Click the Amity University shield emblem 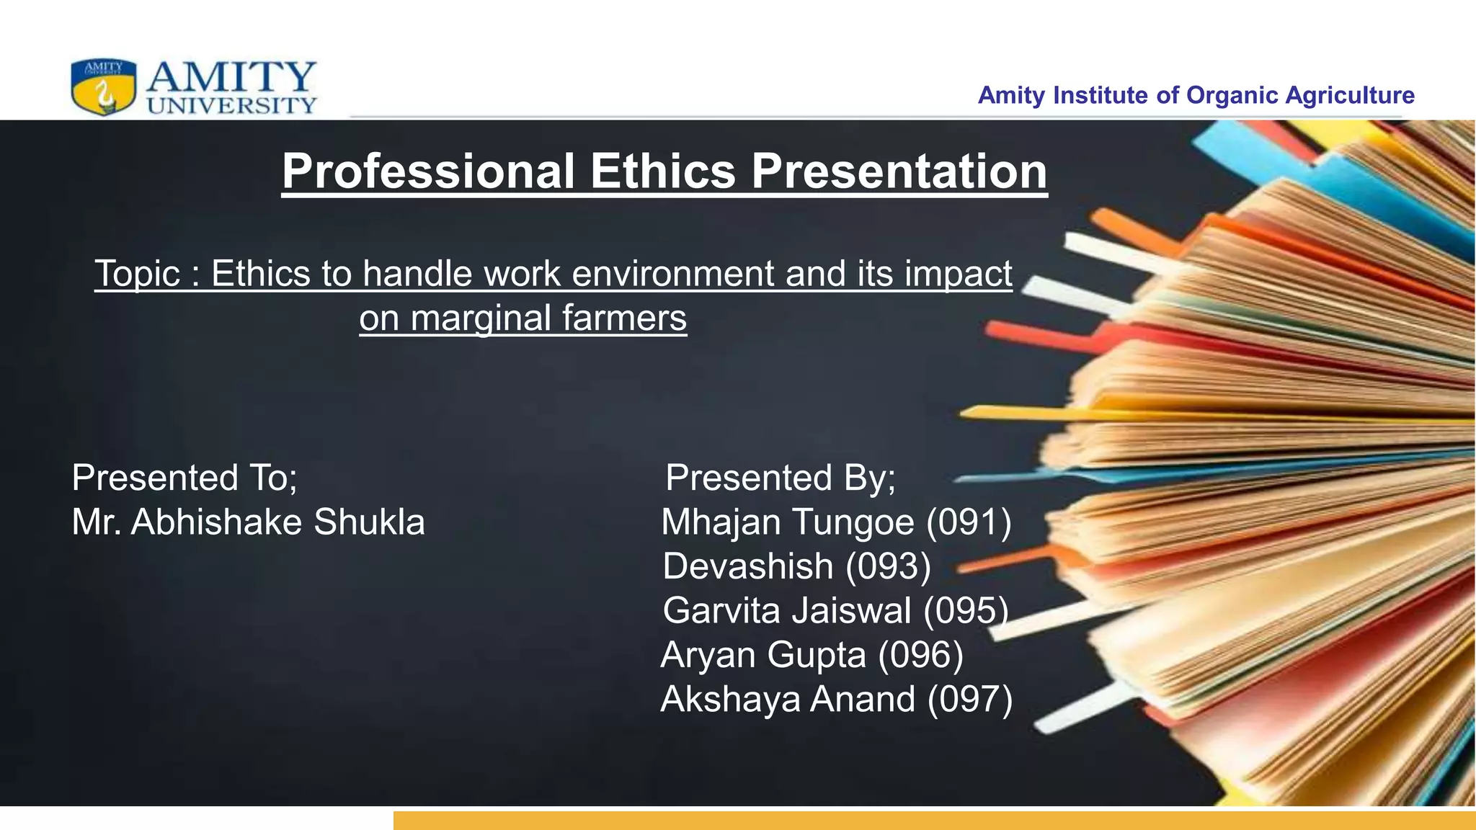pos(103,87)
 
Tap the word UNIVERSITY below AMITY pos(231,105)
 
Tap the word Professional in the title pos(429,171)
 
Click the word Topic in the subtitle pos(138,274)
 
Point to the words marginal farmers pos(548,318)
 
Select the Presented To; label pos(184,478)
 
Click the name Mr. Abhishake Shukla pos(248,522)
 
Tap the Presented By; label pos(781,478)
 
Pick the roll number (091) pos(969,522)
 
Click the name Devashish pos(747,566)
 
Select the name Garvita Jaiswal pos(787,610)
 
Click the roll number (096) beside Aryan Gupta pos(920,655)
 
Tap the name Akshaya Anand pos(788,699)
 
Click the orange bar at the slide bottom pos(934,821)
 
